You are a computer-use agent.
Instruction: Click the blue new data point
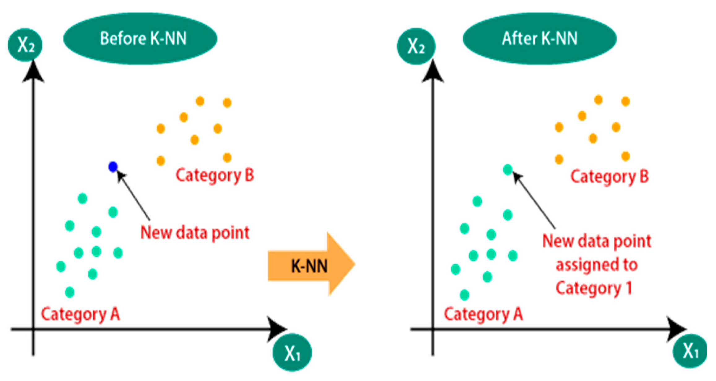coord(113,167)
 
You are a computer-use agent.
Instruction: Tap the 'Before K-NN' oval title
coord(140,39)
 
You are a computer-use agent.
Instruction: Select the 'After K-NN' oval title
coord(539,39)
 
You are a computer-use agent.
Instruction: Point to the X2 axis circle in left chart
coord(25,45)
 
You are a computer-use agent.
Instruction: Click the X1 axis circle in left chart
coord(292,353)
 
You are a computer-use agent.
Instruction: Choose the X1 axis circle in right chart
coord(690,351)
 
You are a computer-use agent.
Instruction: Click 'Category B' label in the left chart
coord(215,175)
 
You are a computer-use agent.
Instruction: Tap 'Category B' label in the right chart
coord(609,177)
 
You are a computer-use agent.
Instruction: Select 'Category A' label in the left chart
coord(80,314)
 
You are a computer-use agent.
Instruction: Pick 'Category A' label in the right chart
coord(483,314)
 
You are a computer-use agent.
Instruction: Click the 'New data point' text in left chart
coord(195,232)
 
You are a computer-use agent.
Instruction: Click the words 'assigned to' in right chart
coord(597,265)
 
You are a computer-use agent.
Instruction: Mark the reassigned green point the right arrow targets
coord(508,169)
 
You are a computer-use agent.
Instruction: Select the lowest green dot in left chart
coord(70,292)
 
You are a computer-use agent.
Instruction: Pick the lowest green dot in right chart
coord(464,295)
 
